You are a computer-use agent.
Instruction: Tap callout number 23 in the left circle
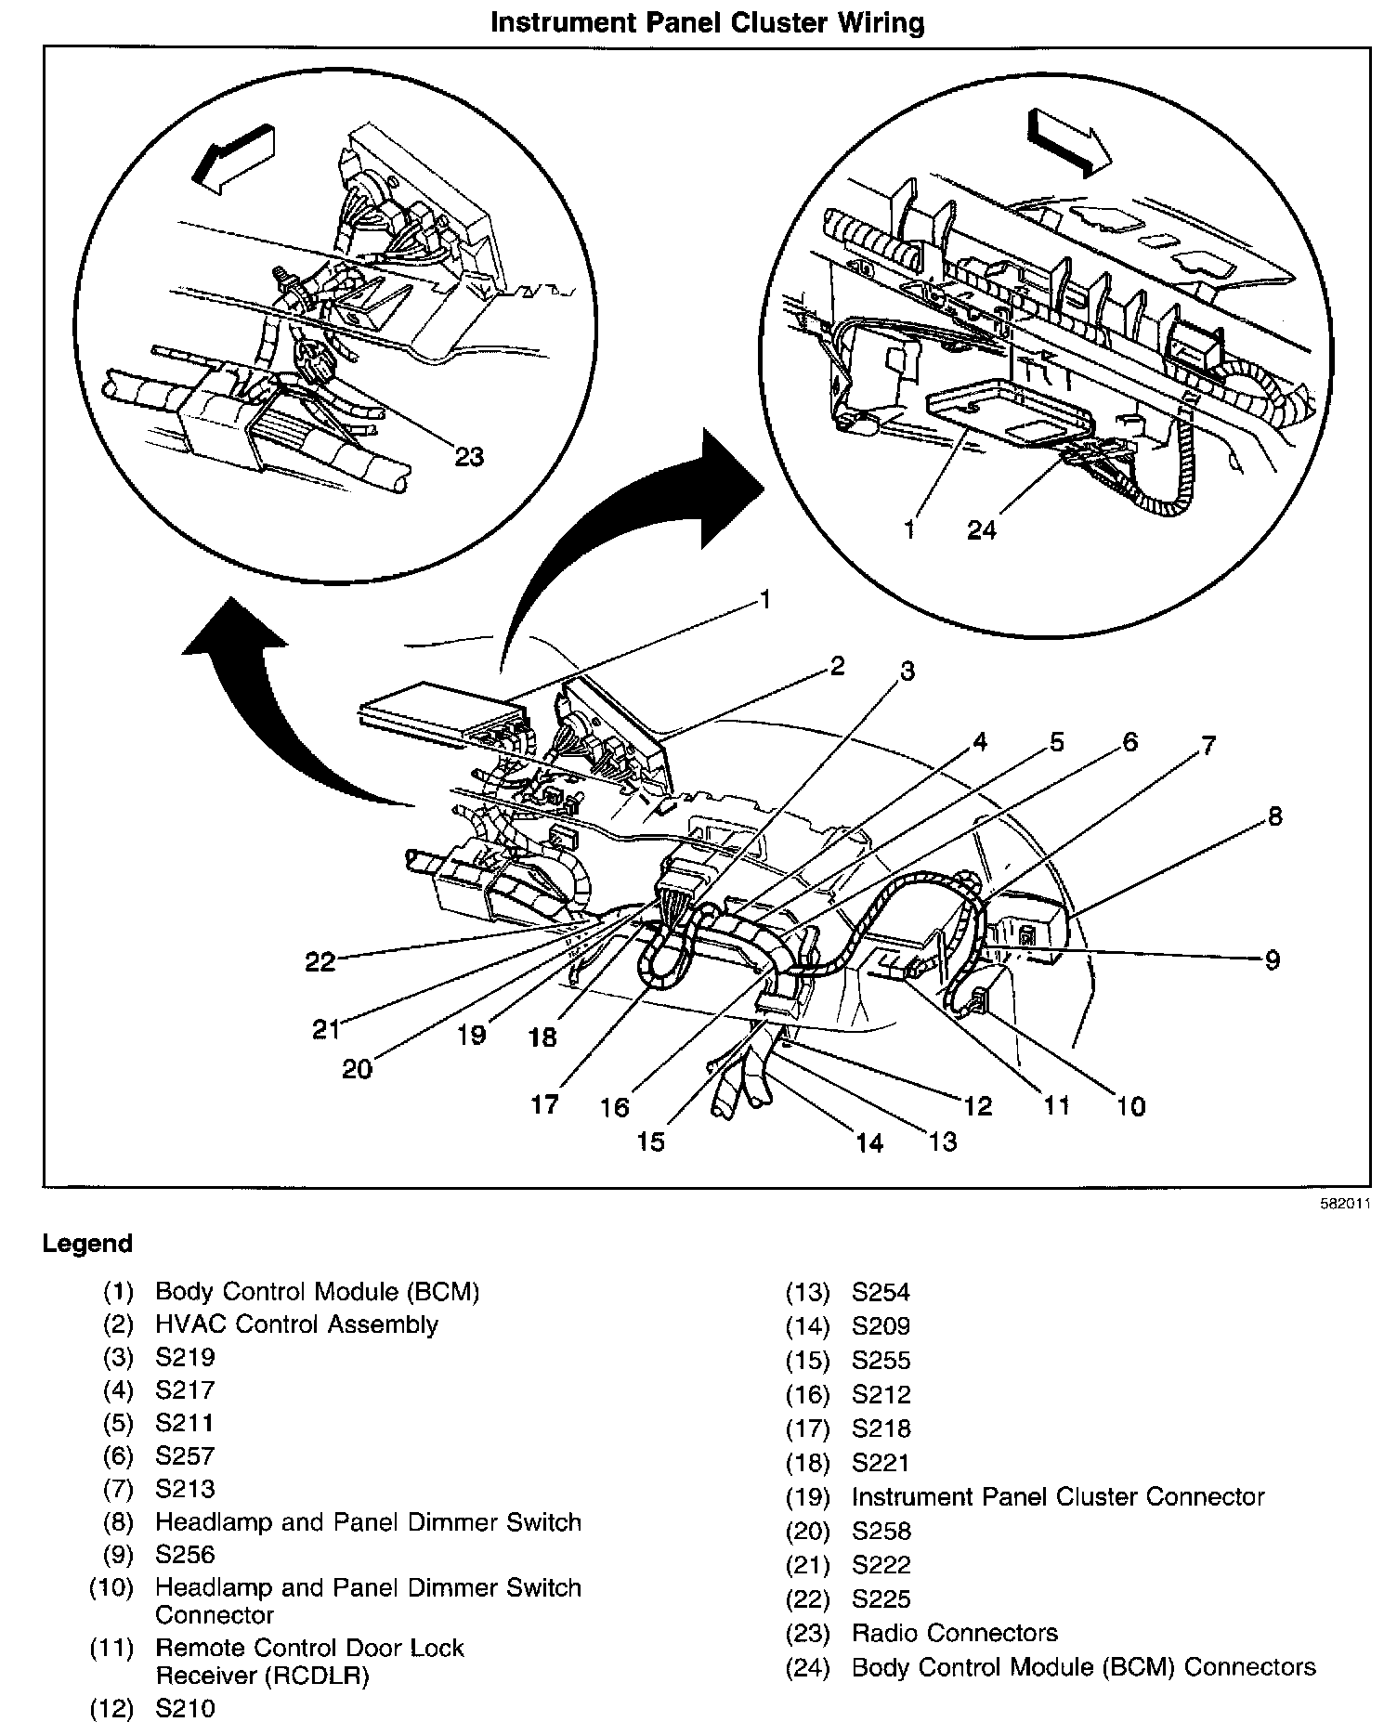(470, 457)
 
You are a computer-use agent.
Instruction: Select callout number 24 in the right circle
(982, 529)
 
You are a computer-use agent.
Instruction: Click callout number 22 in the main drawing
(320, 961)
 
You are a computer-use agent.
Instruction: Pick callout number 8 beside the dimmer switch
(1275, 815)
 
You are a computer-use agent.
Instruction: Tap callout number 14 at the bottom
(869, 1142)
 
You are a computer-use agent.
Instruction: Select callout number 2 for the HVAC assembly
(837, 666)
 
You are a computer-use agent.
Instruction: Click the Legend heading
(87, 1244)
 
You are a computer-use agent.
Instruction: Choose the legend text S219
(185, 1357)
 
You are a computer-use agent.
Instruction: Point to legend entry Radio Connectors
(954, 1632)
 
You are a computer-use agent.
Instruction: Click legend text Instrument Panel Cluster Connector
(1057, 1496)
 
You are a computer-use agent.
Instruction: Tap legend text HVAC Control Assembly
(295, 1324)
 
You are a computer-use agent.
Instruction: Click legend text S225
(881, 1598)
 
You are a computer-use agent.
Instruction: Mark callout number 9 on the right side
(1273, 959)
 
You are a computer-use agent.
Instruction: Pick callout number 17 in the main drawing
(544, 1103)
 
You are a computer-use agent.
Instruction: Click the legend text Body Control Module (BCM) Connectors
(1083, 1666)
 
